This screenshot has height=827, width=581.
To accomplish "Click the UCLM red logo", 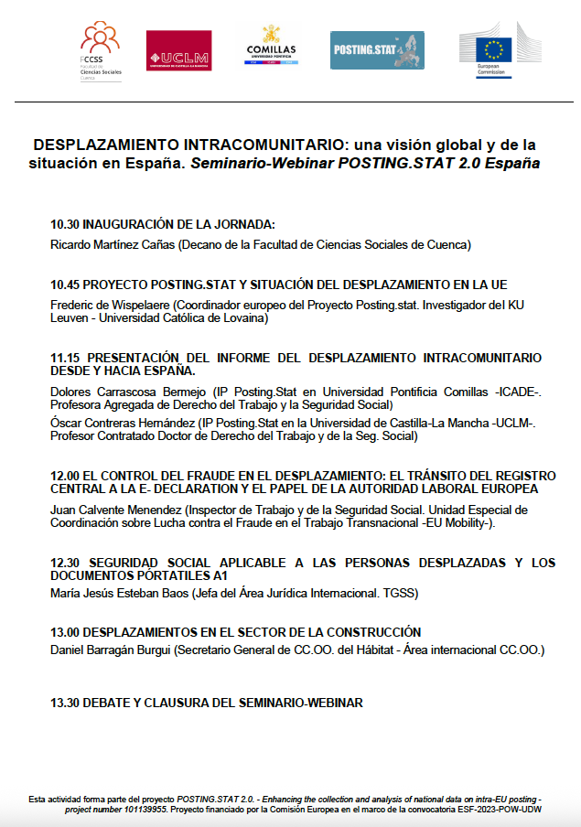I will click(x=178, y=50).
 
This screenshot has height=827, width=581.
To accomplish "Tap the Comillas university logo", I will click(x=272, y=46).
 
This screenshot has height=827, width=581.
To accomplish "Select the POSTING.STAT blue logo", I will click(x=377, y=50).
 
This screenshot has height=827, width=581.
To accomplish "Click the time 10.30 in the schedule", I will click(x=65, y=224).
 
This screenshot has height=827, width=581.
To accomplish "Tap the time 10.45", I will click(x=65, y=285).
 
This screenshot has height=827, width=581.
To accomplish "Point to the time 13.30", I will click(x=65, y=703).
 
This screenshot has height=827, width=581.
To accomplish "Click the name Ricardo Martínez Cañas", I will click(x=112, y=244).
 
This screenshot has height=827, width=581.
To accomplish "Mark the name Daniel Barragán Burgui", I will click(x=110, y=650).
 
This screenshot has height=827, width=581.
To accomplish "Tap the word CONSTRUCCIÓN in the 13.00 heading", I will click(x=366, y=632).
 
